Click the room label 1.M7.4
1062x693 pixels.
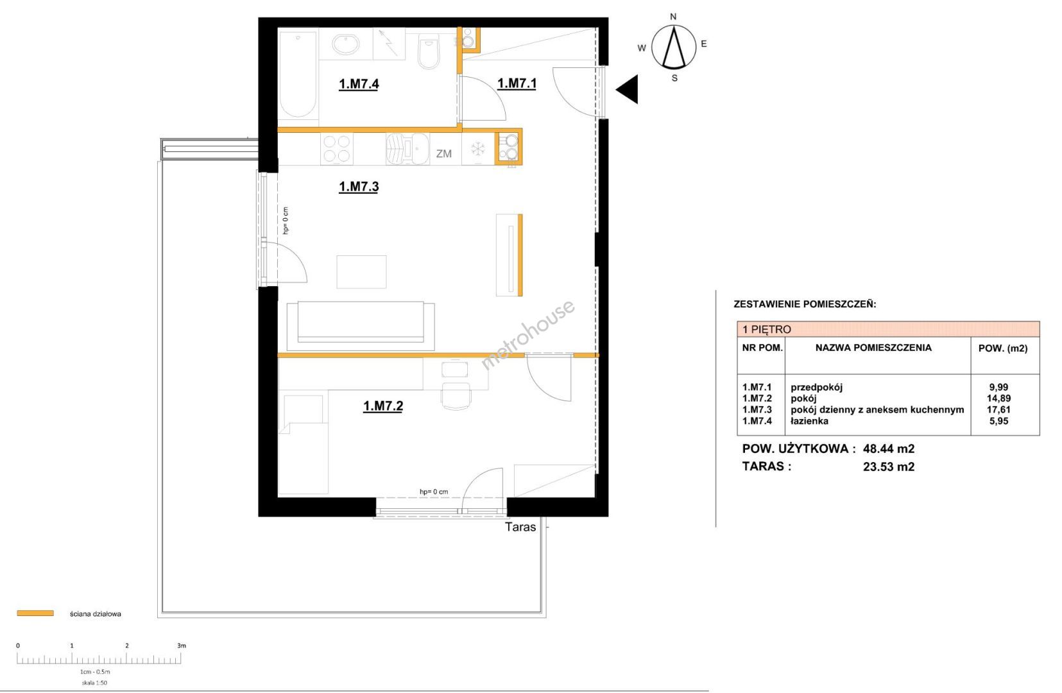click(x=359, y=84)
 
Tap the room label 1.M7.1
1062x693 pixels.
click(x=517, y=83)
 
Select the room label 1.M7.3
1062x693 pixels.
click(x=359, y=187)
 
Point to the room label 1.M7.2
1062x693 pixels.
click(x=383, y=406)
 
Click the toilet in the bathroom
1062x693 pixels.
click(x=429, y=52)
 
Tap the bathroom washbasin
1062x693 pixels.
click(x=346, y=45)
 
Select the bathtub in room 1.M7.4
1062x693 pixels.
click(x=298, y=74)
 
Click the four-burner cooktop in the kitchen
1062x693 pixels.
click(x=337, y=149)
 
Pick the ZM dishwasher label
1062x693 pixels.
click(x=444, y=153)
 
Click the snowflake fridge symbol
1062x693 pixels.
click(x=477, y=150)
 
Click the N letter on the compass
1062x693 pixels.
click(x=673, y=17)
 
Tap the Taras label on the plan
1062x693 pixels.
click(x=520, y=527)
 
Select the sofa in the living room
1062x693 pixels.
click(x=361, y=326)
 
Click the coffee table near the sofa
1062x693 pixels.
click(x=361, y=272)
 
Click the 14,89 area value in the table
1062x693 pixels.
click(x=999, y=398)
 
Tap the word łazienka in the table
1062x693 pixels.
click(x=809, y=422)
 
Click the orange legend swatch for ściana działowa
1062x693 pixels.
click(x=35, y=613)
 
